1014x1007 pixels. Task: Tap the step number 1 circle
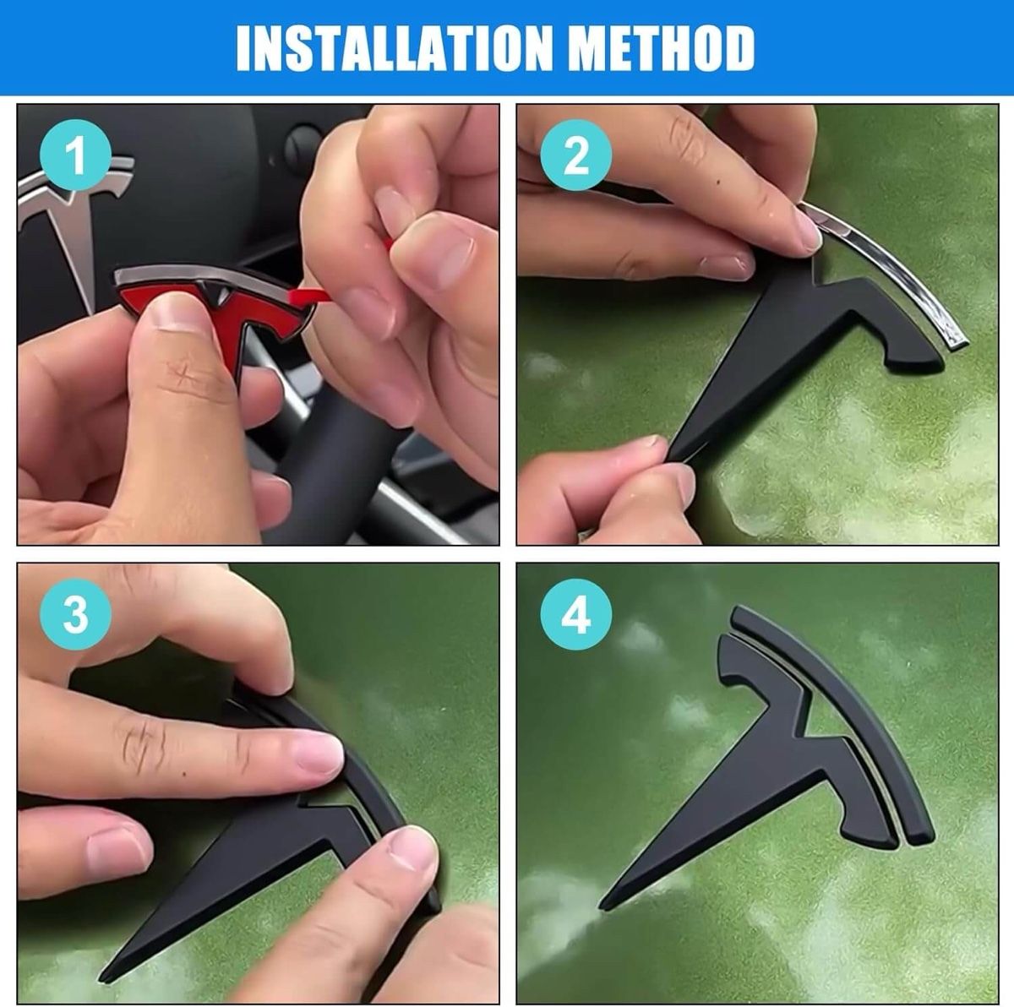[x=76, y=155]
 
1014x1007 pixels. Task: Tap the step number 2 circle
[x=576, y=155]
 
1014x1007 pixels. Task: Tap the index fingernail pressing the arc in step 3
[x=319, y=754]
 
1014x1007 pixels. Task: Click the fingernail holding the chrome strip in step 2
[x=809, y=231]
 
